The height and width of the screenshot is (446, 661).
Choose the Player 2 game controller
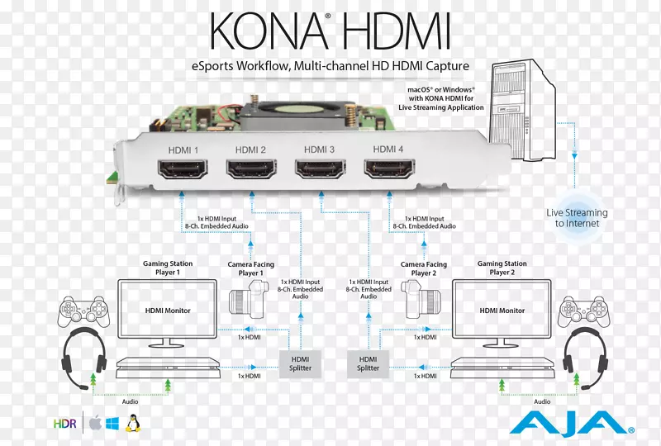coord(582,311)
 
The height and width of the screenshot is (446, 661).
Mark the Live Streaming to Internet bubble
coord(576,218)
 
